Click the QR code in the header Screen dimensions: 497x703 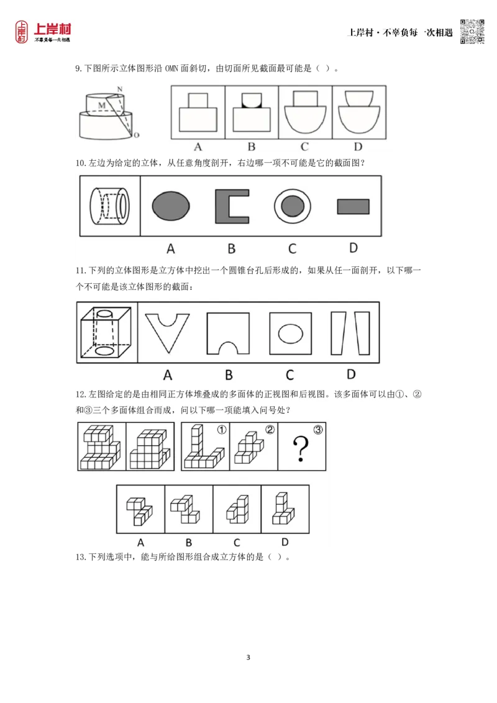click(472, 32)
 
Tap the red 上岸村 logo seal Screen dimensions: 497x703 click(22, 32)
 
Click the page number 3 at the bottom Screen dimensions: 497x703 click(248, 657)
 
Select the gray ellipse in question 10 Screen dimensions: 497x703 click(171, 206)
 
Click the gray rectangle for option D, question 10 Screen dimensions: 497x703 click(353, 207)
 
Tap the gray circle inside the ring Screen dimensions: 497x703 click(293, 206)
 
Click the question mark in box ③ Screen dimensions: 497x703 click(301, 449)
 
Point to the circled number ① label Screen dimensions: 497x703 click(222, 430)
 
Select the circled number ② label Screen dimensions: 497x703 click(270, 430)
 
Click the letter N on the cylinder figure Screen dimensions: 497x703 click(120, 89)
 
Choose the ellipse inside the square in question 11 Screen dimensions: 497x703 click(291, 333)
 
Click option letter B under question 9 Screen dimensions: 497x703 click(252, 147)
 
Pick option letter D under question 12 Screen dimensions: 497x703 click(285, 542)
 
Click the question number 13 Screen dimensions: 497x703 click(80, 557)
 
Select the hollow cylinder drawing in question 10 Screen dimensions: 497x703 click(109, 206)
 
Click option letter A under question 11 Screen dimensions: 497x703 click(167, 375)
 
